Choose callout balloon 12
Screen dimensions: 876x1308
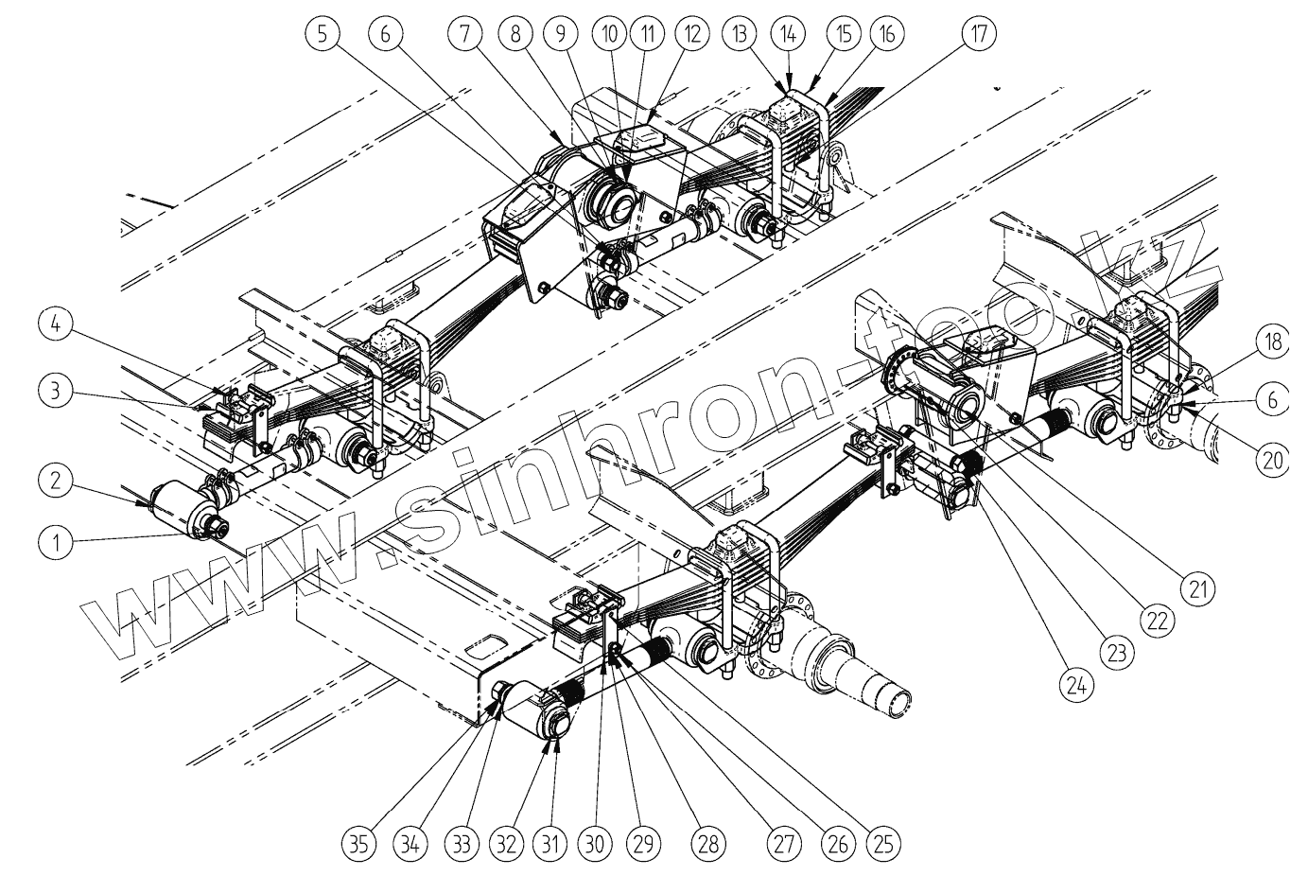(x=692, y=35)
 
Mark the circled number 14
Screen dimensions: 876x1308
(x=790, y=35)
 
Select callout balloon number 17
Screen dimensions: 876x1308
(x=979, y=35)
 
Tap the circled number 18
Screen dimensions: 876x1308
(x=1273, y=342)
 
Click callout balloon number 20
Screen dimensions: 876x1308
(x=1273, y=459)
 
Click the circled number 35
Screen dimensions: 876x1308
(x=363, y=840)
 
